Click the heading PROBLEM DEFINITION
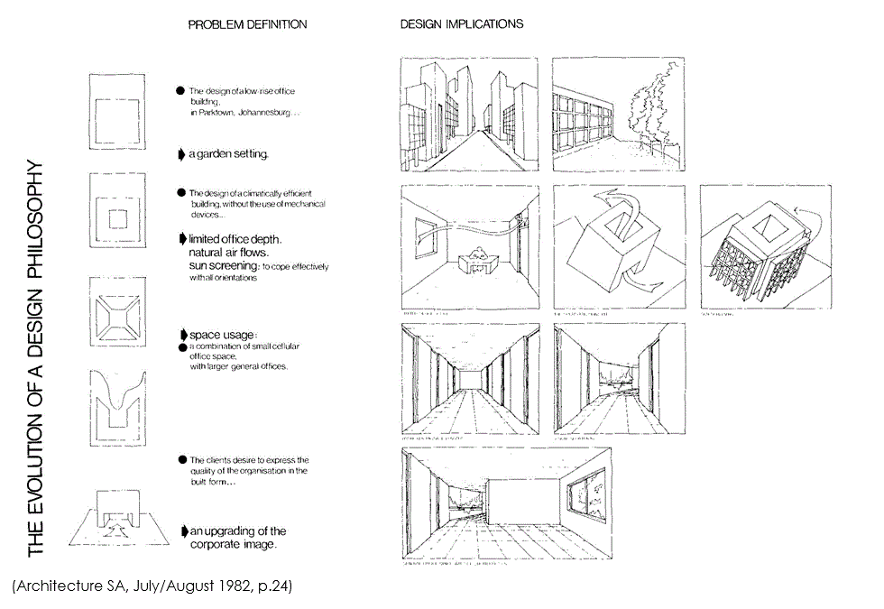(247, 24)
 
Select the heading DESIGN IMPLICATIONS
(462, 24)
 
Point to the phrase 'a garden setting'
(228, 154)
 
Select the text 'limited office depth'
(235, 239)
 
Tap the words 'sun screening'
(225, 267)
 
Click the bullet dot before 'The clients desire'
(181, 460)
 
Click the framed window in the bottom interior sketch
(585, 502)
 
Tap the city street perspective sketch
(468, 115)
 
